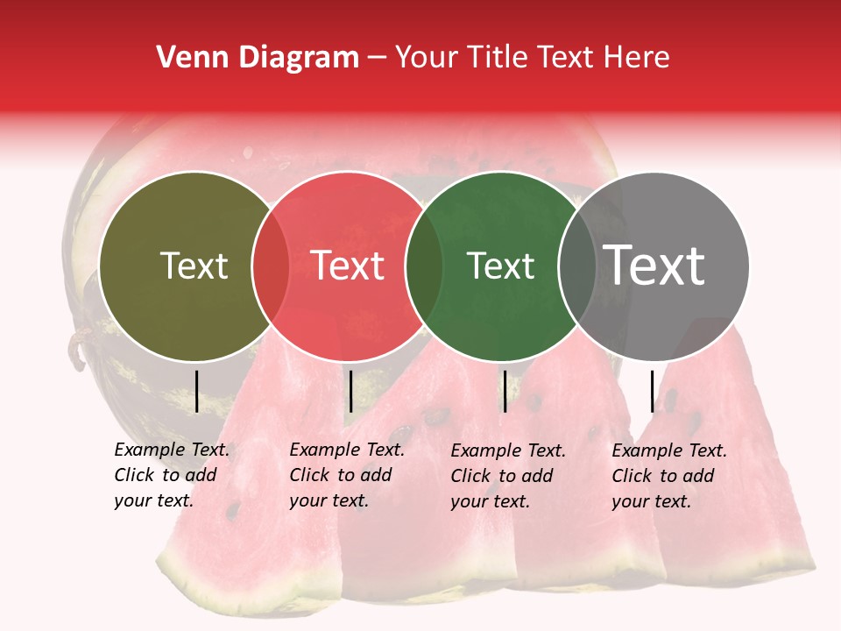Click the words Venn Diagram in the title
point(258,58)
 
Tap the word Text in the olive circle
point(194,266)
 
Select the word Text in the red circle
point(347,266)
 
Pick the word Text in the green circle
point(500,266)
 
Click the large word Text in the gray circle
point(654,266)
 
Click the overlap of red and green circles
point(424,266)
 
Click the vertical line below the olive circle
point(197,391)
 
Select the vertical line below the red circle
point(350,391)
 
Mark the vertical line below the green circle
point(505,391)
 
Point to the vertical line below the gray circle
point(653,391)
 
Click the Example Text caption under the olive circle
point(171,475)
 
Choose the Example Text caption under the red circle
point(346,475)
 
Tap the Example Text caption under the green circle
point(507,476)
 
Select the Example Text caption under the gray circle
point(668,476)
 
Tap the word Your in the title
point(428,58)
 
